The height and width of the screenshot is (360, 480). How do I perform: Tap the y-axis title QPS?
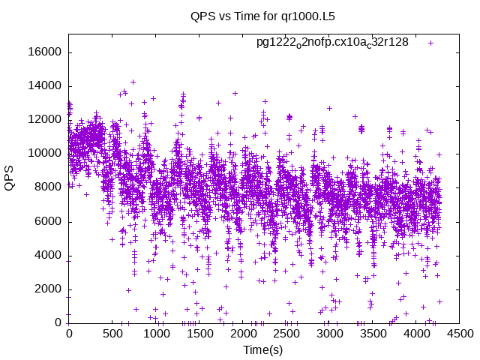click(10, 178)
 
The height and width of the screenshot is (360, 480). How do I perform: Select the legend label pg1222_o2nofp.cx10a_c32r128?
click(332, 43)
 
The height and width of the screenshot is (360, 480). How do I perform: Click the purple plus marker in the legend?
click(430, 43)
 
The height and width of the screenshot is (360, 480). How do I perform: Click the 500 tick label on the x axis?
click(112, 333)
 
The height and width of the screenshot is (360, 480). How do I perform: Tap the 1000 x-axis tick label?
click(155, 333)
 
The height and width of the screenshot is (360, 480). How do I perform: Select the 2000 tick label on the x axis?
click(241, 333)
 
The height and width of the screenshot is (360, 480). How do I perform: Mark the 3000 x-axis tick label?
click(328, 333)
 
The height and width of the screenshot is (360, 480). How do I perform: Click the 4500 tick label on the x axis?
click(458, 333)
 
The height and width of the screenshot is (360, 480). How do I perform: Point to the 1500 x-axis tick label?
click(199, 333)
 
